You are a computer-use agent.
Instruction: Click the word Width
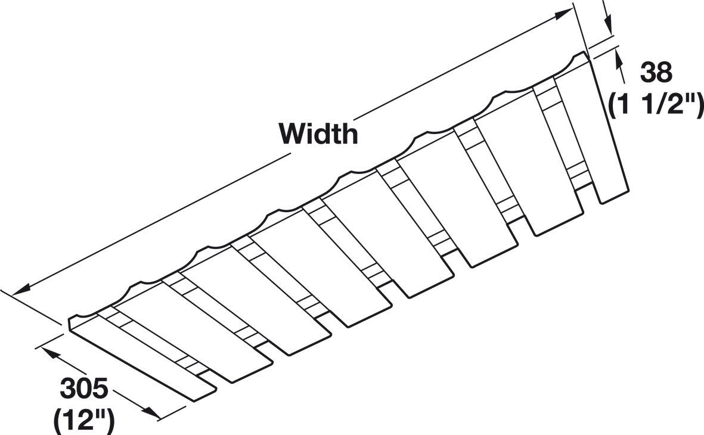click(318, 133)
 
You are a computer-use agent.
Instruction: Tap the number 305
click(84, 389)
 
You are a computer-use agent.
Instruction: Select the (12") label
click(84, 421)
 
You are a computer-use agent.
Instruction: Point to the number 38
click(656, 72)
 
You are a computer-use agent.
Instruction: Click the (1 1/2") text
click(656, 105)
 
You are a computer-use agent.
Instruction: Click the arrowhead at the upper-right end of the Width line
click(563, 14)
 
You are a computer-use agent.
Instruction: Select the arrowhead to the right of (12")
click(151, 413)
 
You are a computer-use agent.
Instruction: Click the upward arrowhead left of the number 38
click(619, 57)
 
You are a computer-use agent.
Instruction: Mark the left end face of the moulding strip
click(70, 325)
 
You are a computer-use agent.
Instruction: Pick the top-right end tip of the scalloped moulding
click(585, 53)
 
